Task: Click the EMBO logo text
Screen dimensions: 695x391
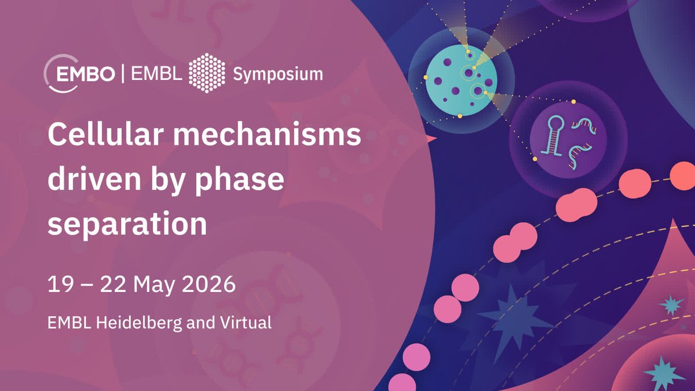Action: click(86, 74)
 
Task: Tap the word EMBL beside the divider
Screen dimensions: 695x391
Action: click(156, 74)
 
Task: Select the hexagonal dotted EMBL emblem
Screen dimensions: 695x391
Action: click(207, 73)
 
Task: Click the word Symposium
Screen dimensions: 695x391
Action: click(277, 75)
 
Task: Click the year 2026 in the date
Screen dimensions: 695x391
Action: click(209, 284)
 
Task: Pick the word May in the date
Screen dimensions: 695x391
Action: click(154, 286)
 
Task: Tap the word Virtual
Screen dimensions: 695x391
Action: click(246, 323)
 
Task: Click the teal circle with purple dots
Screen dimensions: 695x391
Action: click(461, 81)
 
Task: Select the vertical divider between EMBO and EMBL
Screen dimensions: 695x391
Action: click(123, 73)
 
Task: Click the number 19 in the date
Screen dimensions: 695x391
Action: click(61, 284)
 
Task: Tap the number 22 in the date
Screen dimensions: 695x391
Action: click(113, 284)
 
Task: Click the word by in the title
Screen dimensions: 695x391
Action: click(167, 182)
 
